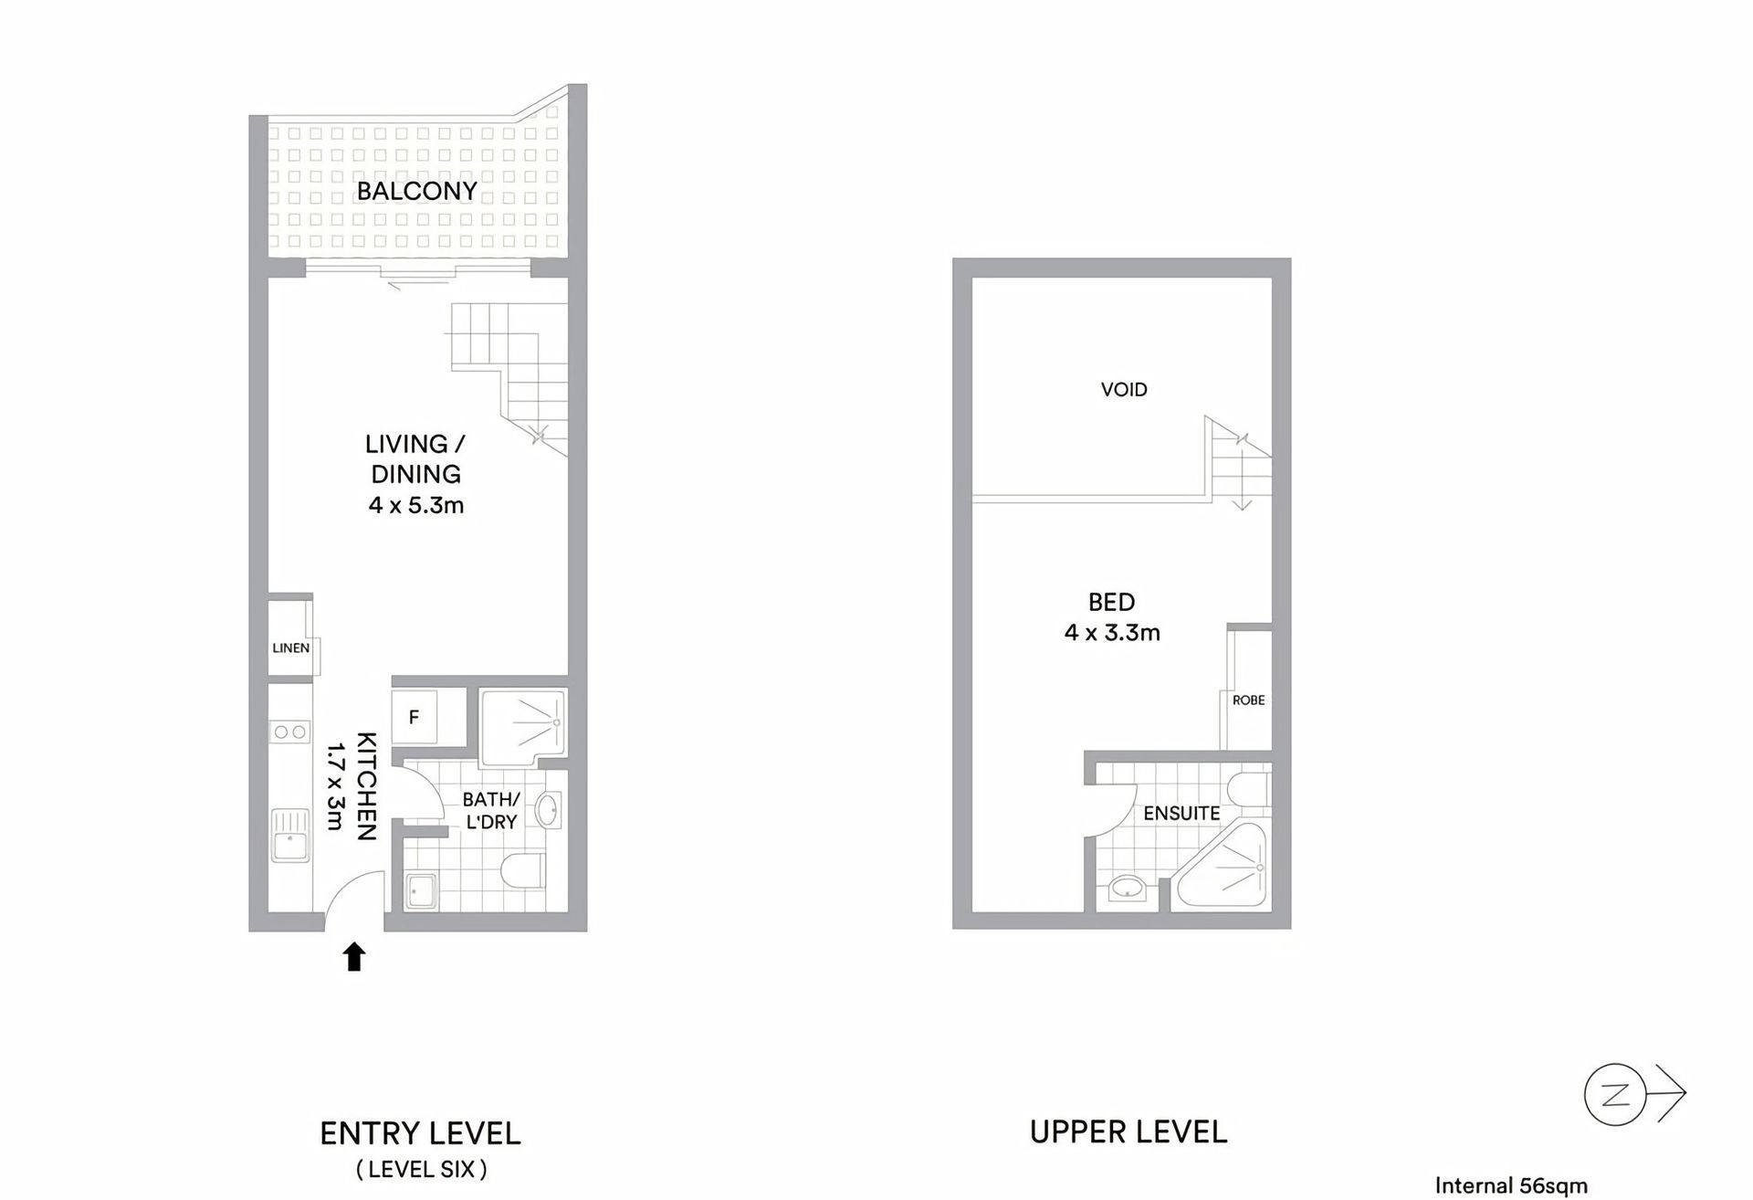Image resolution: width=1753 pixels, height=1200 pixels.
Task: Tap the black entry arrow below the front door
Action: [x=354, y=957]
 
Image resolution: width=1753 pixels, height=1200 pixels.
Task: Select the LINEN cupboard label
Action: [x=290, y=648]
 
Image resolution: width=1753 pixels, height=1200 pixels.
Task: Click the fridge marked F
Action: [x=414, y=718]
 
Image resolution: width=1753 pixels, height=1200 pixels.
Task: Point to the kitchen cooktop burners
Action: [x=290, y=732]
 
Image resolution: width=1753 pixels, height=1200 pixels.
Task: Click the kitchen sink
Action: [x=290, y=837]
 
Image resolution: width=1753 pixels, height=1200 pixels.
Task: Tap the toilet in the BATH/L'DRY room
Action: [x=524, y=870]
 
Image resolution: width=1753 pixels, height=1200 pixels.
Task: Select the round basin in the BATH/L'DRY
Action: [x=548, y=810]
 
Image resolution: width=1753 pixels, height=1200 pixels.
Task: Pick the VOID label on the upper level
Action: [x=1124, y=390]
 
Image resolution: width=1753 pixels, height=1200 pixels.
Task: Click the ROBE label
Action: [x=1248, y=700]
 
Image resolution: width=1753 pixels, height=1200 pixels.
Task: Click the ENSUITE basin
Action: [x=1128, y=888]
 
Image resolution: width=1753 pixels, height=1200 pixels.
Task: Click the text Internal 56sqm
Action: [x=1511, y=1186]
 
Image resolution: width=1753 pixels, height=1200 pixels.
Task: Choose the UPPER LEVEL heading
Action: [x=1128, y=1132]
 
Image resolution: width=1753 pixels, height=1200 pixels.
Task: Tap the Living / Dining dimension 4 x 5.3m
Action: [x=416, y=505]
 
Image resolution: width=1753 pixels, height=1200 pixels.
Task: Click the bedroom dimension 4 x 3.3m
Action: [x=1112, y=633]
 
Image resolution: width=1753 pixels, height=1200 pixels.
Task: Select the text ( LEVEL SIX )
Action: [x=421, y=1169]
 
